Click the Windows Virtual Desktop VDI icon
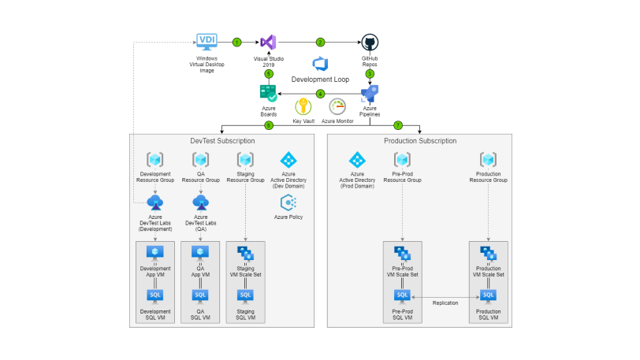click(x=207, y=43)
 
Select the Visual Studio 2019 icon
click(x=268, y=43)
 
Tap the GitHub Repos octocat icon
click(x=370, y=43)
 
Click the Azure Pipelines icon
click(x=370, y=94)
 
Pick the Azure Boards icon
click(x=268, y=94)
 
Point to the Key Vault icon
click(x=303, y=107)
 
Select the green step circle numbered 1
click(x=237, y=42)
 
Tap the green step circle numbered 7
click(x=398, y=125)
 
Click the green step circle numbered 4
click(x=320, y=94)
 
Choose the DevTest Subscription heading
click(x=222, y=141)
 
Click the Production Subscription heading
click(x=420, y=141)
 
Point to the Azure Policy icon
click(x=288, y=202)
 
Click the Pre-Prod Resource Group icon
click(x=403, y=159)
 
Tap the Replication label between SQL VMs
click(x=445, y=302)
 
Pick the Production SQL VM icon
click(x=488, y=295)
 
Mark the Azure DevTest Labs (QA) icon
click(x=200, y=202)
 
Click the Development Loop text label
click(x=320, y=79)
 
